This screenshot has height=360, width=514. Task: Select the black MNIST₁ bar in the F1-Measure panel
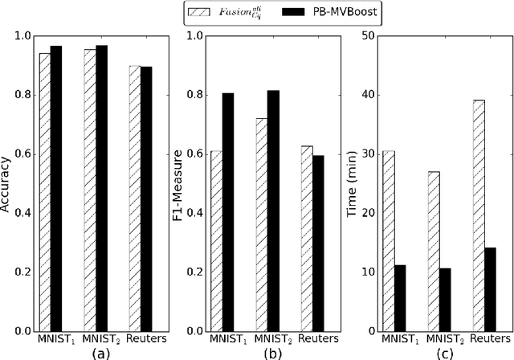(x=228, y=212)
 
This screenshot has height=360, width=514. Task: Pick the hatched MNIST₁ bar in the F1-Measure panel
(x=217, y=241)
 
